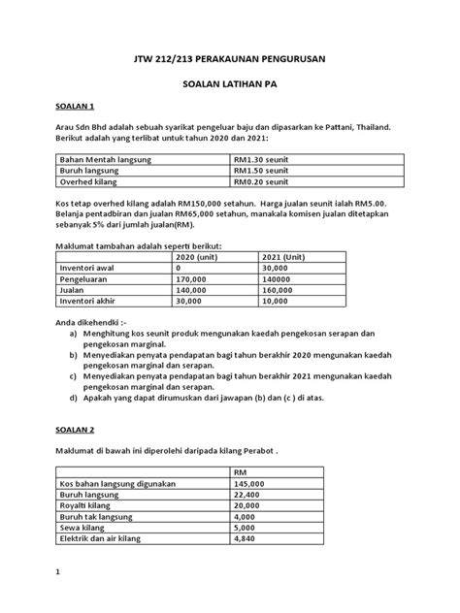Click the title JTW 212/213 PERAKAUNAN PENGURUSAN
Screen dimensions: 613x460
pos(229,60)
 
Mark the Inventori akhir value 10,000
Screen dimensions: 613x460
pos(281,304)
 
